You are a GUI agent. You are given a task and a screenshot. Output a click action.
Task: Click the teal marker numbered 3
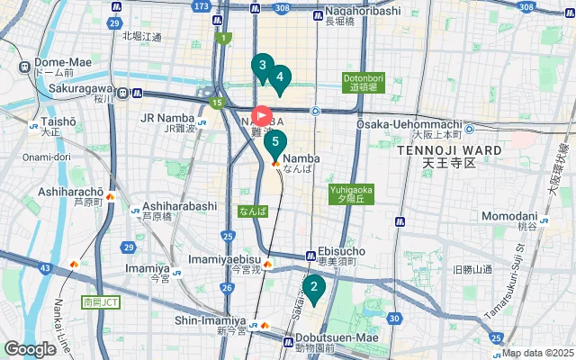[262, 66]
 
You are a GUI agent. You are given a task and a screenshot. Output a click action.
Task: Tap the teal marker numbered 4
[280, 77]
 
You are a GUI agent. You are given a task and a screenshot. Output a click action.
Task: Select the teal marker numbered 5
[275, 142]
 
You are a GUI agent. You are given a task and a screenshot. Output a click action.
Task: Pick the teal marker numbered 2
[313, 288]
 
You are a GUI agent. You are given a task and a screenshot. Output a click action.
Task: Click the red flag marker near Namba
[262, 115]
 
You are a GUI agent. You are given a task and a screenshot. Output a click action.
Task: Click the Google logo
[30, 348]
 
